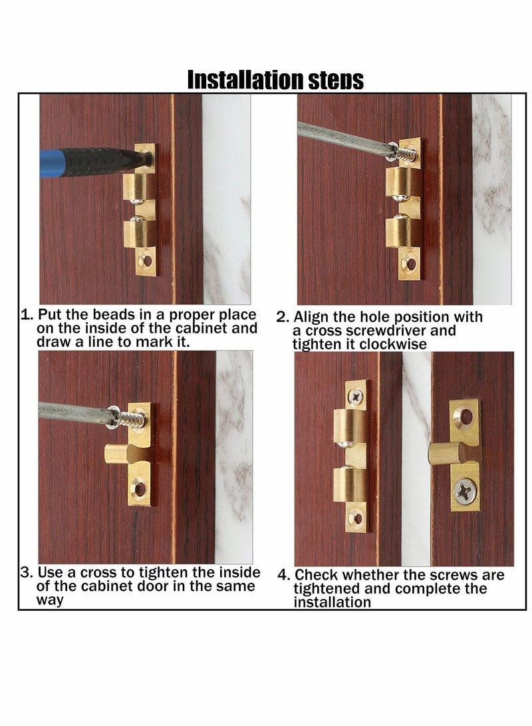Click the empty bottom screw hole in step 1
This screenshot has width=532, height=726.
(x=147, y=261)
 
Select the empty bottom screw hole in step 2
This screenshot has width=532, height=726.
(x=411, y=265)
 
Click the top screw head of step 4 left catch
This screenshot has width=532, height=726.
(x=356, y=396)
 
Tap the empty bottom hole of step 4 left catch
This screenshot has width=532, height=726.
(x=356, y=518)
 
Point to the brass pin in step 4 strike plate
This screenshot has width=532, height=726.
(x=445, y=455)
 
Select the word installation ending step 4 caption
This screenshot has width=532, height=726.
(x=332, y=602)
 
